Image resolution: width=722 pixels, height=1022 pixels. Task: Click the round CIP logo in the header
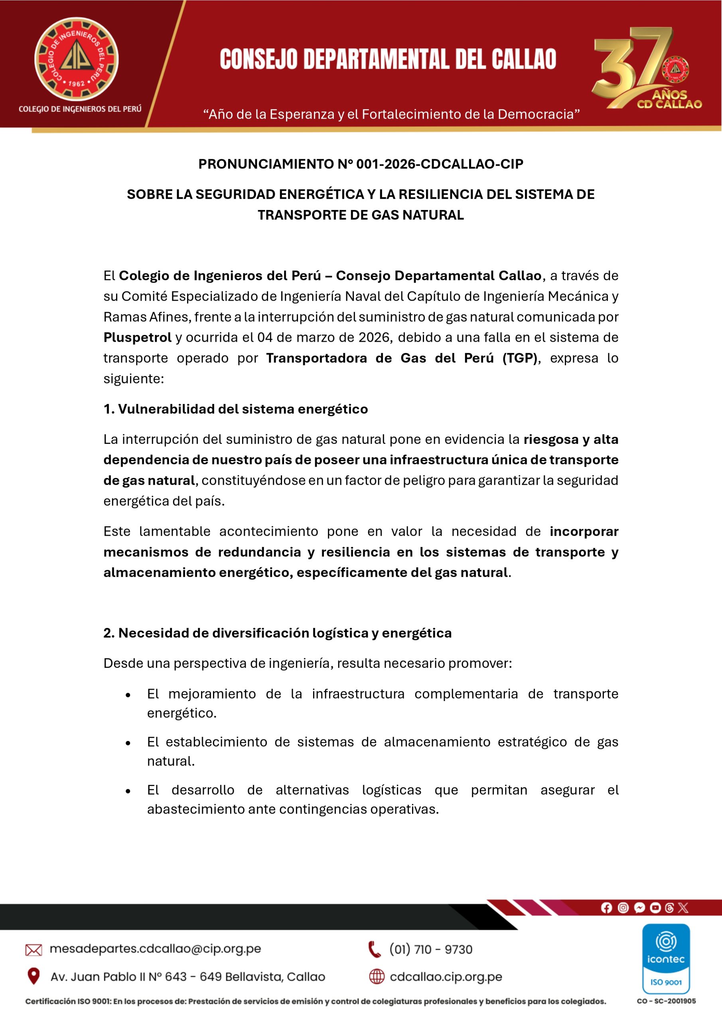point(77,59)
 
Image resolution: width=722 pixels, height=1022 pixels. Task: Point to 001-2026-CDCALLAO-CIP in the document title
point(440,164)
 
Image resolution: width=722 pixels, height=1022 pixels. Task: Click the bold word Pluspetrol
point(138,337)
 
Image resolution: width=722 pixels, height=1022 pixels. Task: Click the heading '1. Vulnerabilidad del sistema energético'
point(236,409)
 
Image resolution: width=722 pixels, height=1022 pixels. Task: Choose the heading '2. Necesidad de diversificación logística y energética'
point(278,633)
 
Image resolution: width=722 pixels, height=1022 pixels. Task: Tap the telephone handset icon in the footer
point(375,949)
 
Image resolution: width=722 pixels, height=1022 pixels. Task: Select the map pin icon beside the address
point(34,976)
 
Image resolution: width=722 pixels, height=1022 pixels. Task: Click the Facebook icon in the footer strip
point(606,907)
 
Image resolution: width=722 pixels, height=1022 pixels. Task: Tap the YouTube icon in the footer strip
point(655,907)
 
